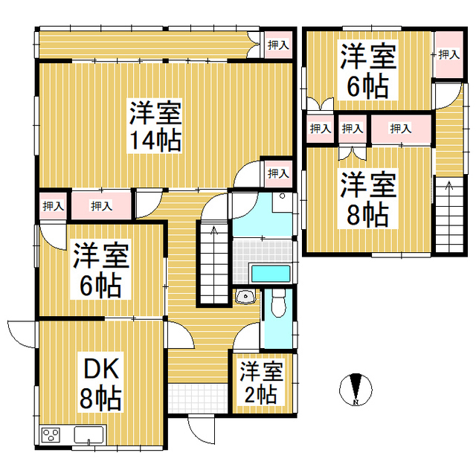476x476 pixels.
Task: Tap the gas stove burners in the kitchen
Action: (x=51, y=434)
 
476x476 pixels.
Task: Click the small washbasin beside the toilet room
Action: (x=245, y=297)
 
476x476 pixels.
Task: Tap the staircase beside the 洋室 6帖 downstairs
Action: (x=214, y=263)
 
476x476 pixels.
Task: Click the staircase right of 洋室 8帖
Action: (x=448, y=216)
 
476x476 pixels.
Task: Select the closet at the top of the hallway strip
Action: (x=278, y=45)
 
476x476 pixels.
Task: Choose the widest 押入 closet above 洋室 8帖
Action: (x=401, y=129)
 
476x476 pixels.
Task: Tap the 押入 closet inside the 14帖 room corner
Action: (x=278, y=173)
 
